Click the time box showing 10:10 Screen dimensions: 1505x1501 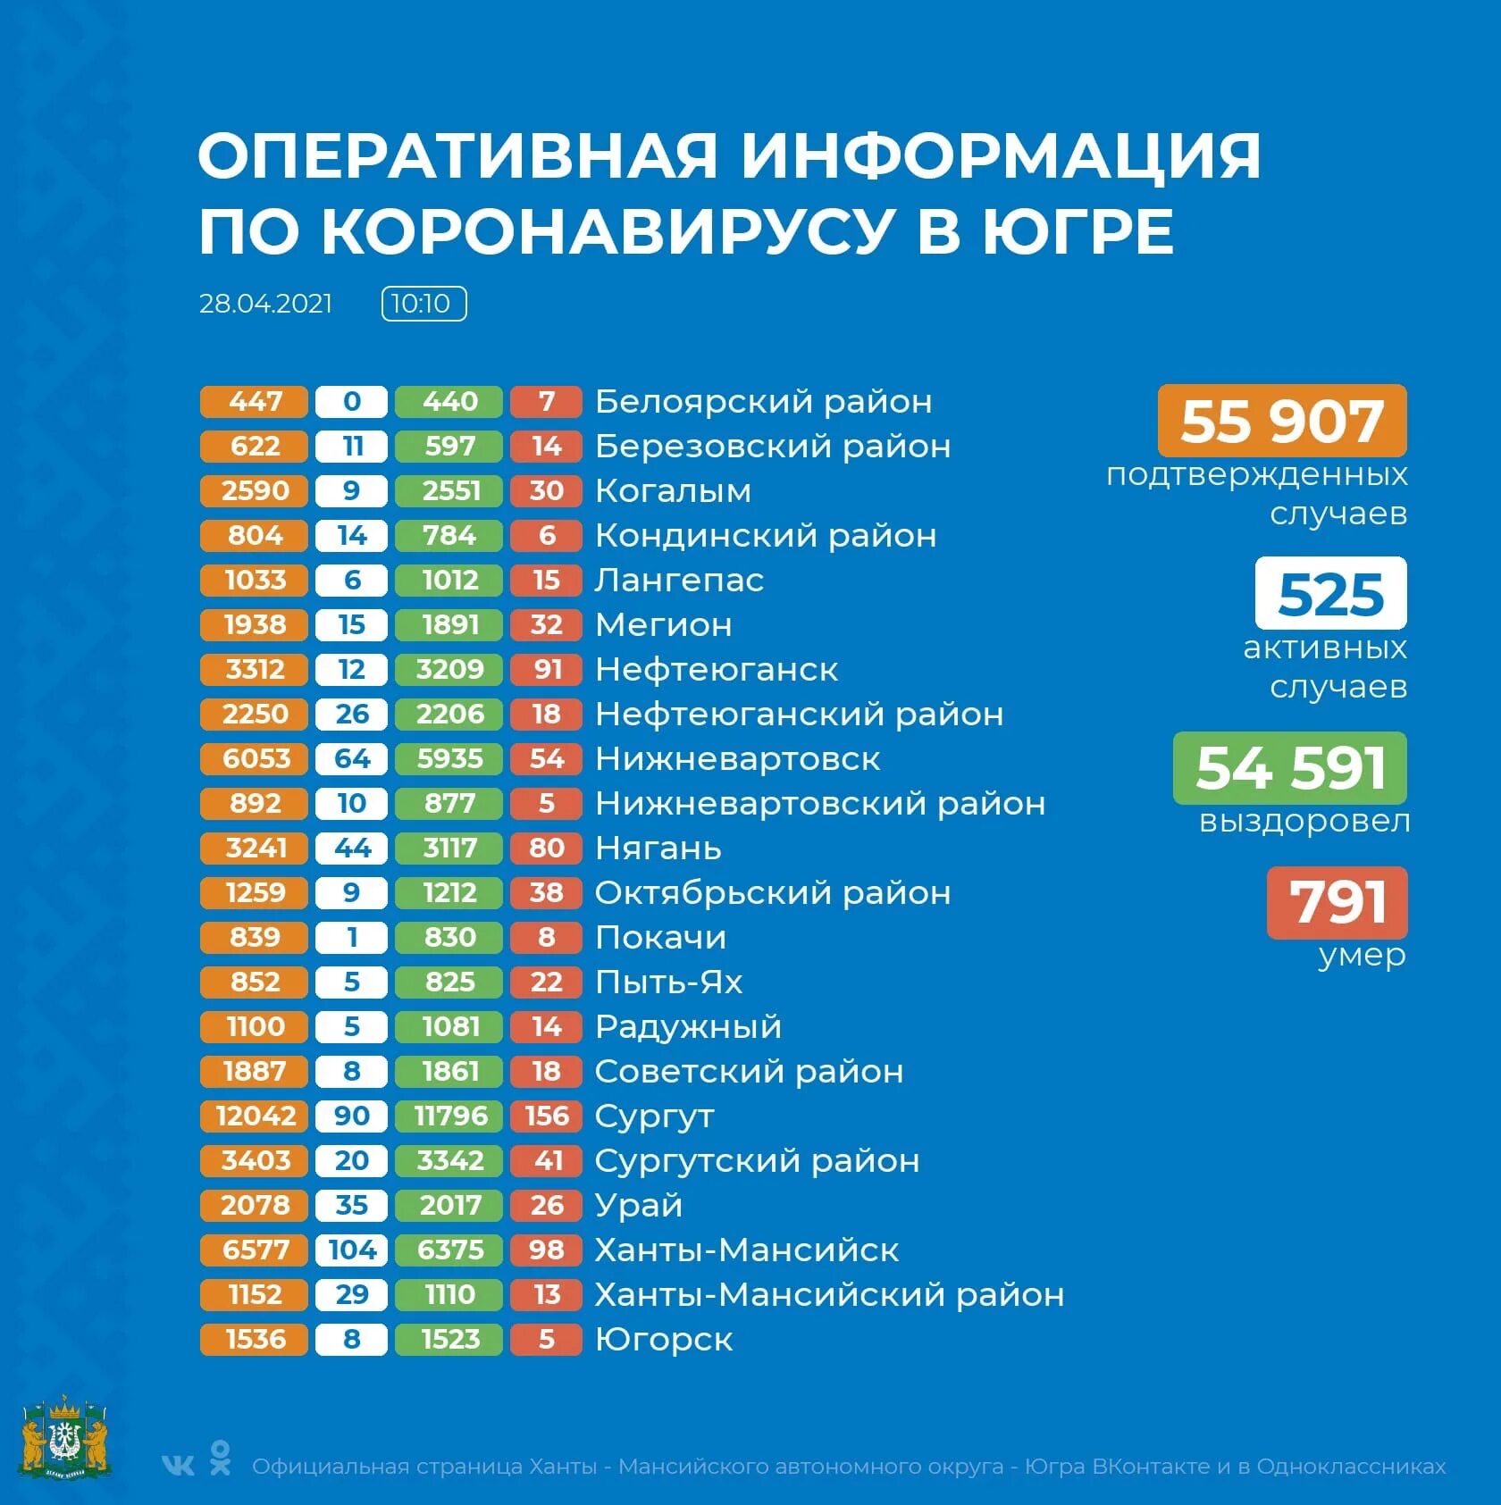[423, 304]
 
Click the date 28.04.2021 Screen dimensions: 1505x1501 [265, 304]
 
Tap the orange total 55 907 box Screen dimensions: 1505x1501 [1281, 421]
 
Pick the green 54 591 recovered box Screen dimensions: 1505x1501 [1289, 767]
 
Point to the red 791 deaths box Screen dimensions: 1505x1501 [1337, 902]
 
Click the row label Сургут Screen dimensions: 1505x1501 [655, 1116]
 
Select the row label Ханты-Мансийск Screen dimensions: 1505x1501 [747, 1250]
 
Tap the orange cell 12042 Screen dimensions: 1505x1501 [255, 1116]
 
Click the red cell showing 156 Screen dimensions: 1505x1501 [546, 1116]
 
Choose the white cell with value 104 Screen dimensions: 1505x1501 [351, 1250]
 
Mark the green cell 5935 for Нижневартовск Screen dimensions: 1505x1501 [449, 758]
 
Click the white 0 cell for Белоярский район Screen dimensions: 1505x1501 [351, 401]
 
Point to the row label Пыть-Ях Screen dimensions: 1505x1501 [668, 982]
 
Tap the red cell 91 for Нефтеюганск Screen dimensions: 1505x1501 [546, 669]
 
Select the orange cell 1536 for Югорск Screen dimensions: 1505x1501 [255, 1339]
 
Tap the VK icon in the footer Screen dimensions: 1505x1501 [178, 1465]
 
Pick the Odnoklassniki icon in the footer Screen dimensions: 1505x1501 [220, 1457]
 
